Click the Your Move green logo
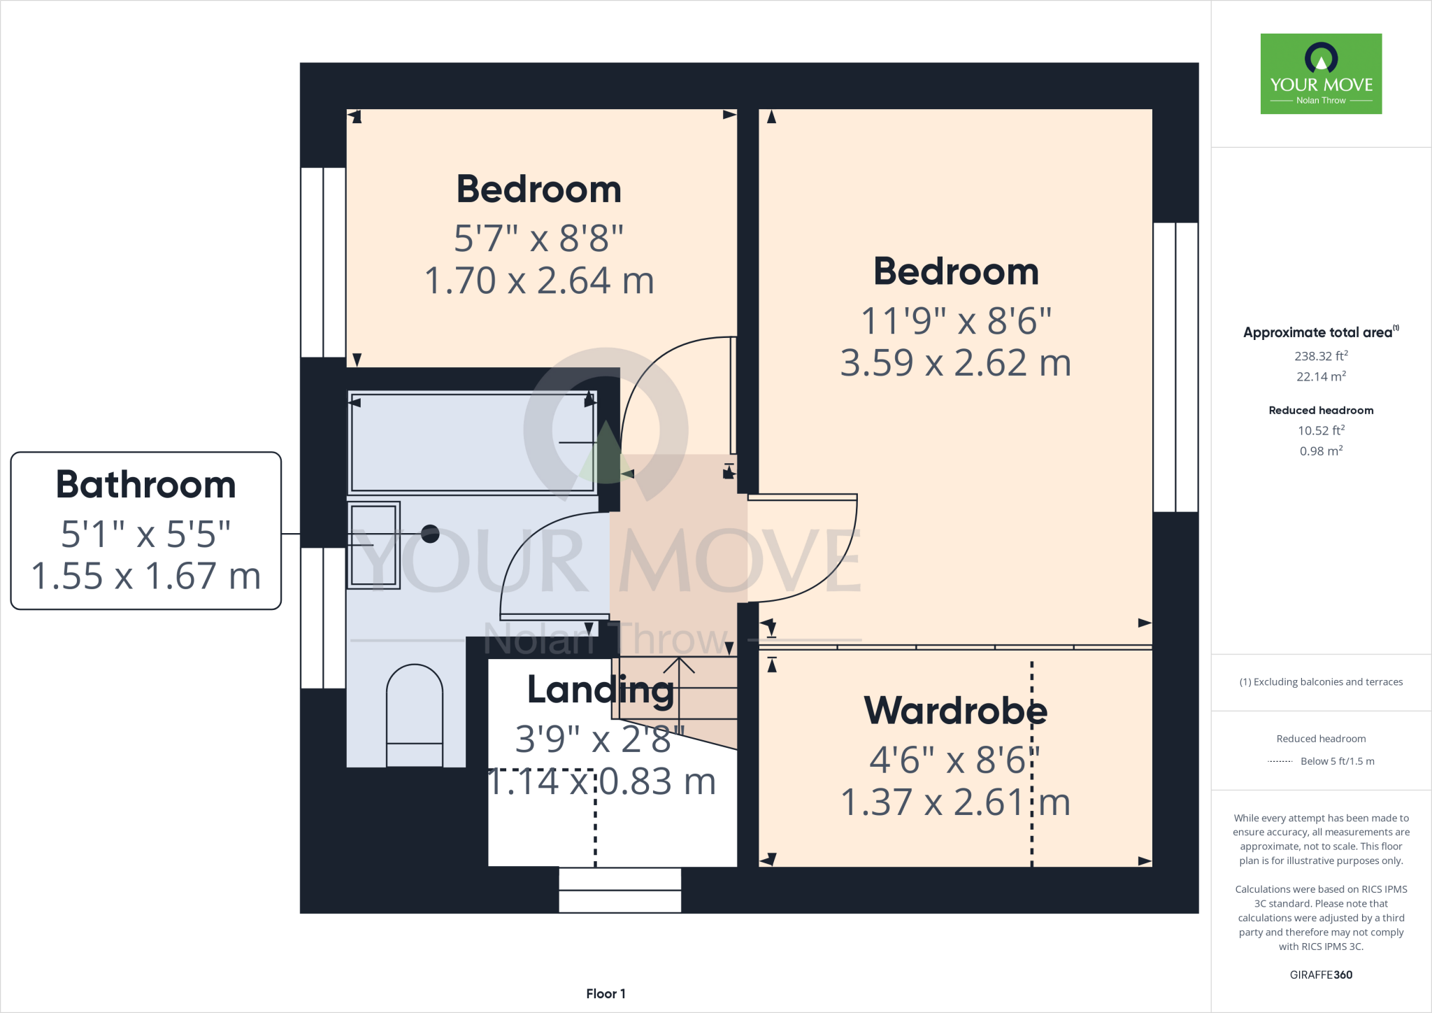click(1321, 73)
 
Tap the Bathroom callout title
click(146, 485)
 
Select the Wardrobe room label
click(955, 710)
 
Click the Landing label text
click(601, 689)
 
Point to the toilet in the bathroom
click(415, 714)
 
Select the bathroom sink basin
click(374, 545)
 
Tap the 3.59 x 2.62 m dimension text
click(955, 362)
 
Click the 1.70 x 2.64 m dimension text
click(539, 281)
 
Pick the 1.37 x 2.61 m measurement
click(955, 802)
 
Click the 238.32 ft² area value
click(1321, 356)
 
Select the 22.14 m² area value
click(1321, 376)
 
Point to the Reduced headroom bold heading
click(1321, 410)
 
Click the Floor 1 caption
click(606, 993)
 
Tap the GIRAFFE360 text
click(1321, 975)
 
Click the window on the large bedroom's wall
click(1175, 367)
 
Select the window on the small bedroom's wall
click(323, 262)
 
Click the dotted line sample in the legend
click(1280, 761)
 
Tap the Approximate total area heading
click(1318, 333)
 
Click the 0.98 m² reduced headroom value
click(1321, 451)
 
